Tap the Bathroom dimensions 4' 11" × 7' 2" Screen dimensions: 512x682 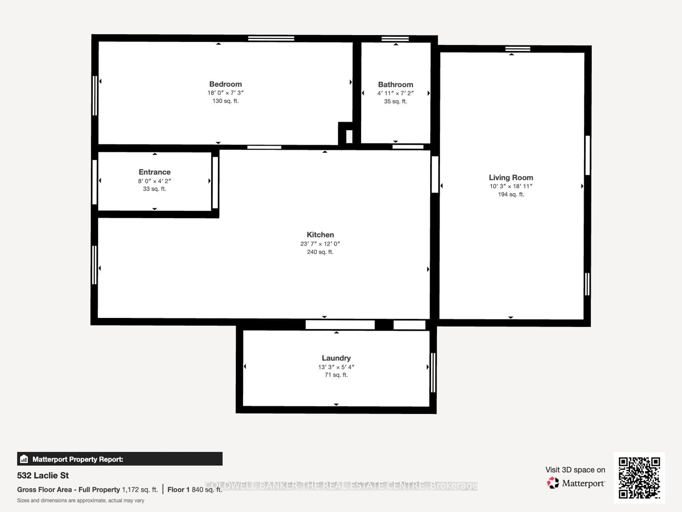click(x=395, y=93)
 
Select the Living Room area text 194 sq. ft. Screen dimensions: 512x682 click(x=511, y=194)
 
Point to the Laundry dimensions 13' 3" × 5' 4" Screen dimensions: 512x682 click(x=336, y=367)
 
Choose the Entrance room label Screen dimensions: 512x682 click(x=155, y=172)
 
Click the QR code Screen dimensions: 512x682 click(x=639, y=478)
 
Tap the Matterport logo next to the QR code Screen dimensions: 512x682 click(x=575, y=483)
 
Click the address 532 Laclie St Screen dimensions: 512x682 click(x=43, y=475)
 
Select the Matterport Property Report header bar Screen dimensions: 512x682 click(x=120, y=459)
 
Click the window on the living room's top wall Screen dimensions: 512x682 click(x=518, y=49)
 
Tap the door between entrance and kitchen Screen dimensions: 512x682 click(x=215, y=183)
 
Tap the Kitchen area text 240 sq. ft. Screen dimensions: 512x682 click(x=320, y=252)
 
